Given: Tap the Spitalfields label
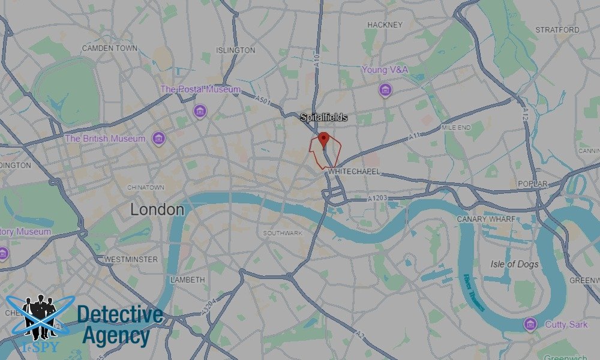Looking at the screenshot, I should click(324, 118).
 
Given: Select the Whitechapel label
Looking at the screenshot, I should click(353, 172).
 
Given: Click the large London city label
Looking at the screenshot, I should click(157, 210).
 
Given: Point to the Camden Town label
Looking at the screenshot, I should click(110, 48).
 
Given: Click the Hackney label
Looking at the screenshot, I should click(385, 25).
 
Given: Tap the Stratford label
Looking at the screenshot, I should click(557, 29).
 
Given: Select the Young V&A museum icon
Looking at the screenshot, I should click(385, 90).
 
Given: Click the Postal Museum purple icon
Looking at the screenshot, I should click(200, 111).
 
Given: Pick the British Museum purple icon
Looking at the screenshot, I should click(158, 139).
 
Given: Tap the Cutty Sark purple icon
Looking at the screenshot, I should click(530, 325).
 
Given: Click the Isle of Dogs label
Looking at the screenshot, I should click(514, 265).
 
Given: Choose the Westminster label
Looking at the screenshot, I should click(131, 259).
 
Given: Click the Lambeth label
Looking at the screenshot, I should click(188, 280).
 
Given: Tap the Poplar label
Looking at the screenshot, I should click(533, 184).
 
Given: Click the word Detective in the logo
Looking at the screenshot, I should click(120, 315).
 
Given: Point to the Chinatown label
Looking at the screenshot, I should click(145, 188).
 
